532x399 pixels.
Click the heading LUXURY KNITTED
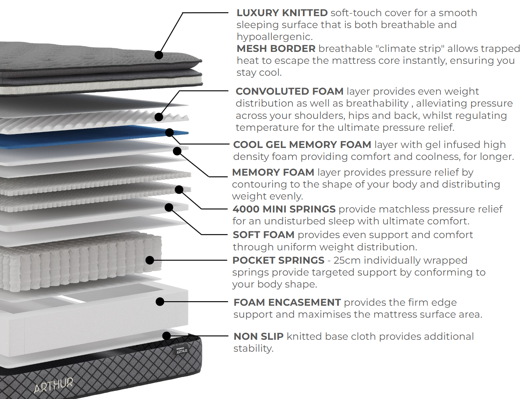[282, 13]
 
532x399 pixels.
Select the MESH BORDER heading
[276, 49]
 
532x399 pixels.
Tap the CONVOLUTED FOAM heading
[289, 92]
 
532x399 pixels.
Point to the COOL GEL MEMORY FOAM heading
[302, 145]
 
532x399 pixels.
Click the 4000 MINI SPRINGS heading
[284, 209]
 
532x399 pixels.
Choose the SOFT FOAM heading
[263, 235]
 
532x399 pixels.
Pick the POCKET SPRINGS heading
[278, 261]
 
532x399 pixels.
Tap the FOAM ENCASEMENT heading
[287, 303]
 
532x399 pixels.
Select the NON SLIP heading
[258, 337]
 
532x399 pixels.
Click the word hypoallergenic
[274, 37]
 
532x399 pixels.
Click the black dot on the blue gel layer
[169, 133]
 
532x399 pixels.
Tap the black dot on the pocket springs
[150, 260]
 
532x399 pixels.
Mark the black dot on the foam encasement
[160, 302]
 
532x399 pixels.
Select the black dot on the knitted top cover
[159, 55]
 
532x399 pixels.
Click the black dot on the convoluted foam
[159, 117]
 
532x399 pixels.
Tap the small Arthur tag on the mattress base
[182, 349]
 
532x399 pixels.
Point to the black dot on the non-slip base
[167, 336]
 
